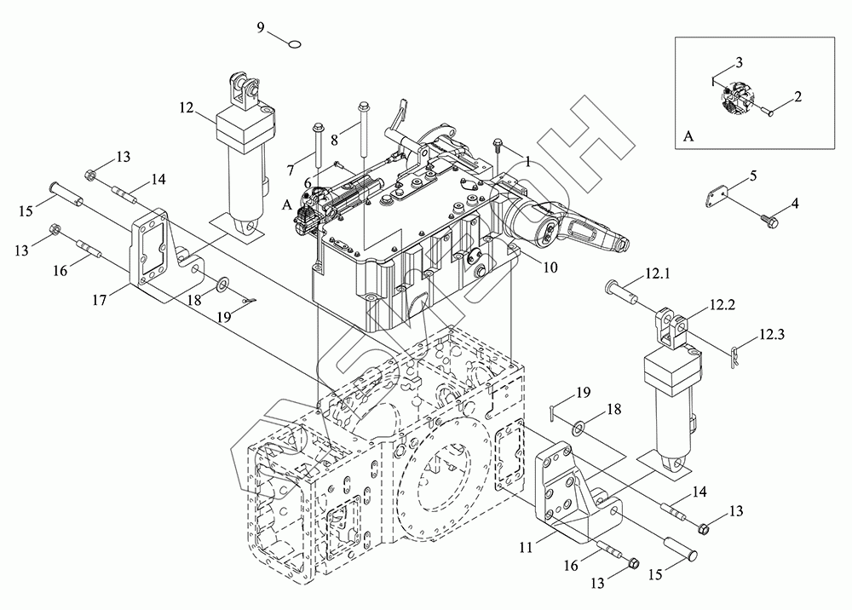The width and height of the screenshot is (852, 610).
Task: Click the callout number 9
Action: click(261, 28)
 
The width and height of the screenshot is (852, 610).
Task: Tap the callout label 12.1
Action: click(658, 273)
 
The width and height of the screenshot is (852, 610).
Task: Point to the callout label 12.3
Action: click(772, 334)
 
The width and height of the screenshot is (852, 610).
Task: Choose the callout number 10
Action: click(550, 268)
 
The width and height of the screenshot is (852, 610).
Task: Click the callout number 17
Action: click(100, 299)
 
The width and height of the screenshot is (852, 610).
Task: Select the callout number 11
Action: click(526, 548)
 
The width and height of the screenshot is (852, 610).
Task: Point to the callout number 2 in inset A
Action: click(797, 96)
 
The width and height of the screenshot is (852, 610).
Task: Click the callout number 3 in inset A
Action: click(739, 62)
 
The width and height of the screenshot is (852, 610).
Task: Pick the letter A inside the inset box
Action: click(688, 135)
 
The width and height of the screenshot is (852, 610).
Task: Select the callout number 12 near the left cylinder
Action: click(187, 107)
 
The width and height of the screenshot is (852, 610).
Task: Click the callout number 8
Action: click(334, 140)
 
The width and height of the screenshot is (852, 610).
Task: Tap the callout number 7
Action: click(291, 171)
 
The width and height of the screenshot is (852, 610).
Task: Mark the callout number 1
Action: click(527, 161)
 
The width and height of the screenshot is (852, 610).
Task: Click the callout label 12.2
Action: click(722, 305)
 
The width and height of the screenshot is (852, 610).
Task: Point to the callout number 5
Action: click(753, 176)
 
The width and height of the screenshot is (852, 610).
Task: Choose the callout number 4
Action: click(795, 204)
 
